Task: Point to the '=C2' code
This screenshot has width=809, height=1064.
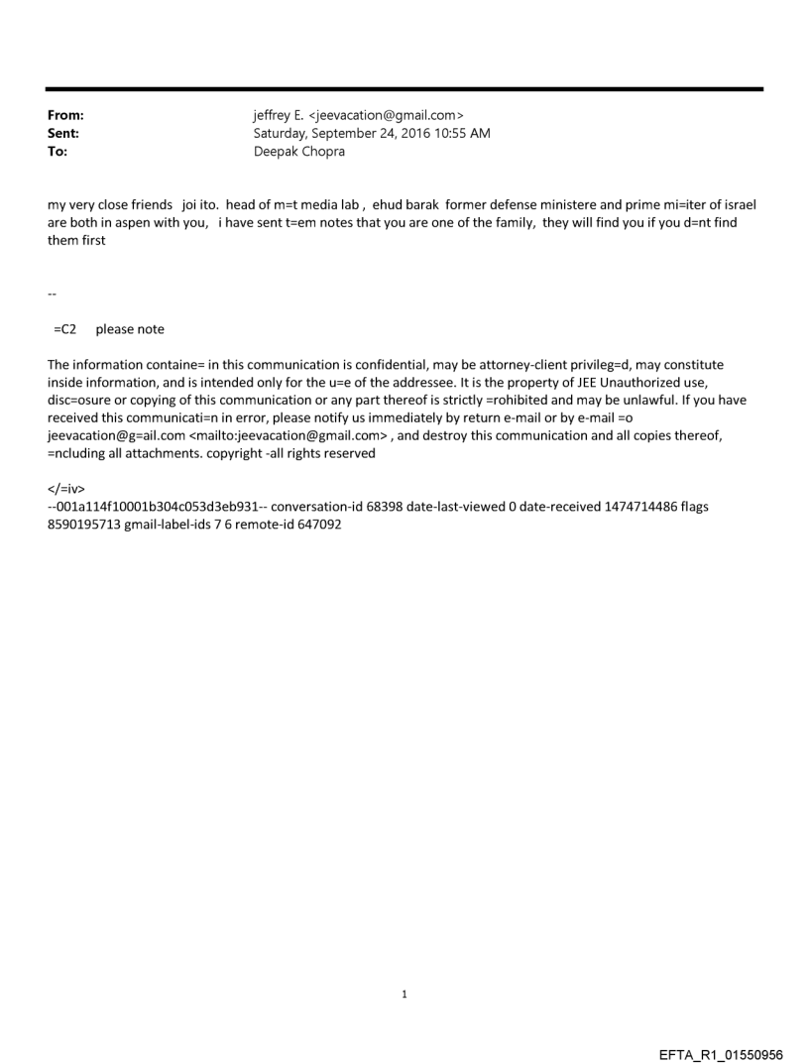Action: click(x=65, y=328)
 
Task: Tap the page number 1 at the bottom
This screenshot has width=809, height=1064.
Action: click(x=404, y=995)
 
